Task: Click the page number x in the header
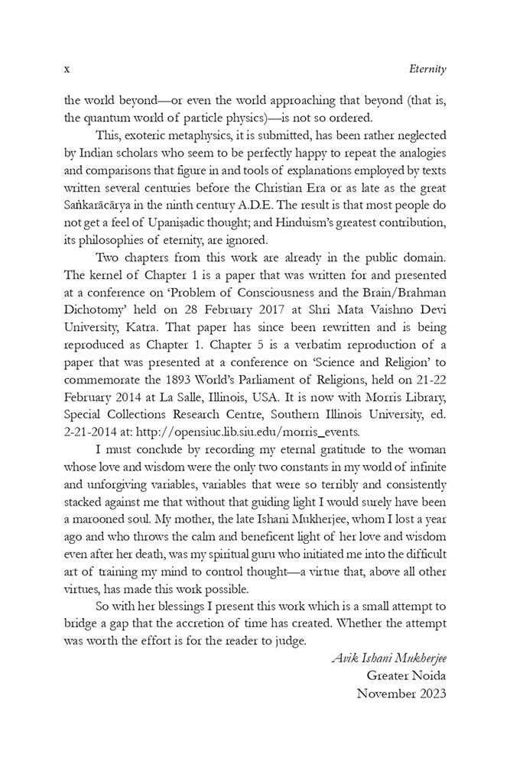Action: pos(67,69)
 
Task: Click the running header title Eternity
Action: pos(427,69)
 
